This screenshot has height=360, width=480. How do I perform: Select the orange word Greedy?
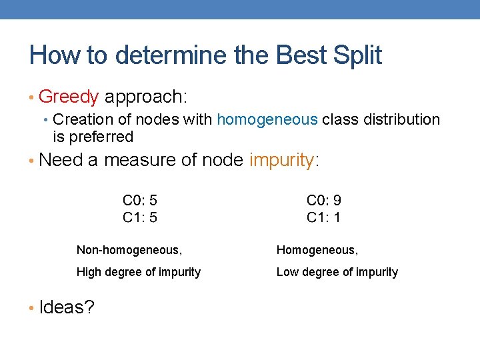click(69, 97)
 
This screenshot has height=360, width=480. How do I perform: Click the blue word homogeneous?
click(267, 120)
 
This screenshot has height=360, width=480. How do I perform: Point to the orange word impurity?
click(281, 161)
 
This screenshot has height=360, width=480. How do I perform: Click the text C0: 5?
click(140, 200)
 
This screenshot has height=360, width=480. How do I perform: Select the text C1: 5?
click(140, 217)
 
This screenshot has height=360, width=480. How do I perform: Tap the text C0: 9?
click(324, 200)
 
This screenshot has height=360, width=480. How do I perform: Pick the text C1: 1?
click(324, 217)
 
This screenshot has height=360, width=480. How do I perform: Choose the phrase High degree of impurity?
click(139, 272)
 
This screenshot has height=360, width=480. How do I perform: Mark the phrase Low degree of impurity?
click(337, 272)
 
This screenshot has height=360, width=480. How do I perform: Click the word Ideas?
click(67, 307)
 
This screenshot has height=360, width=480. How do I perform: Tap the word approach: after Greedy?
click(145, 97)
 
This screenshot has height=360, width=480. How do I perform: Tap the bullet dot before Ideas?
click(32, 308)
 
